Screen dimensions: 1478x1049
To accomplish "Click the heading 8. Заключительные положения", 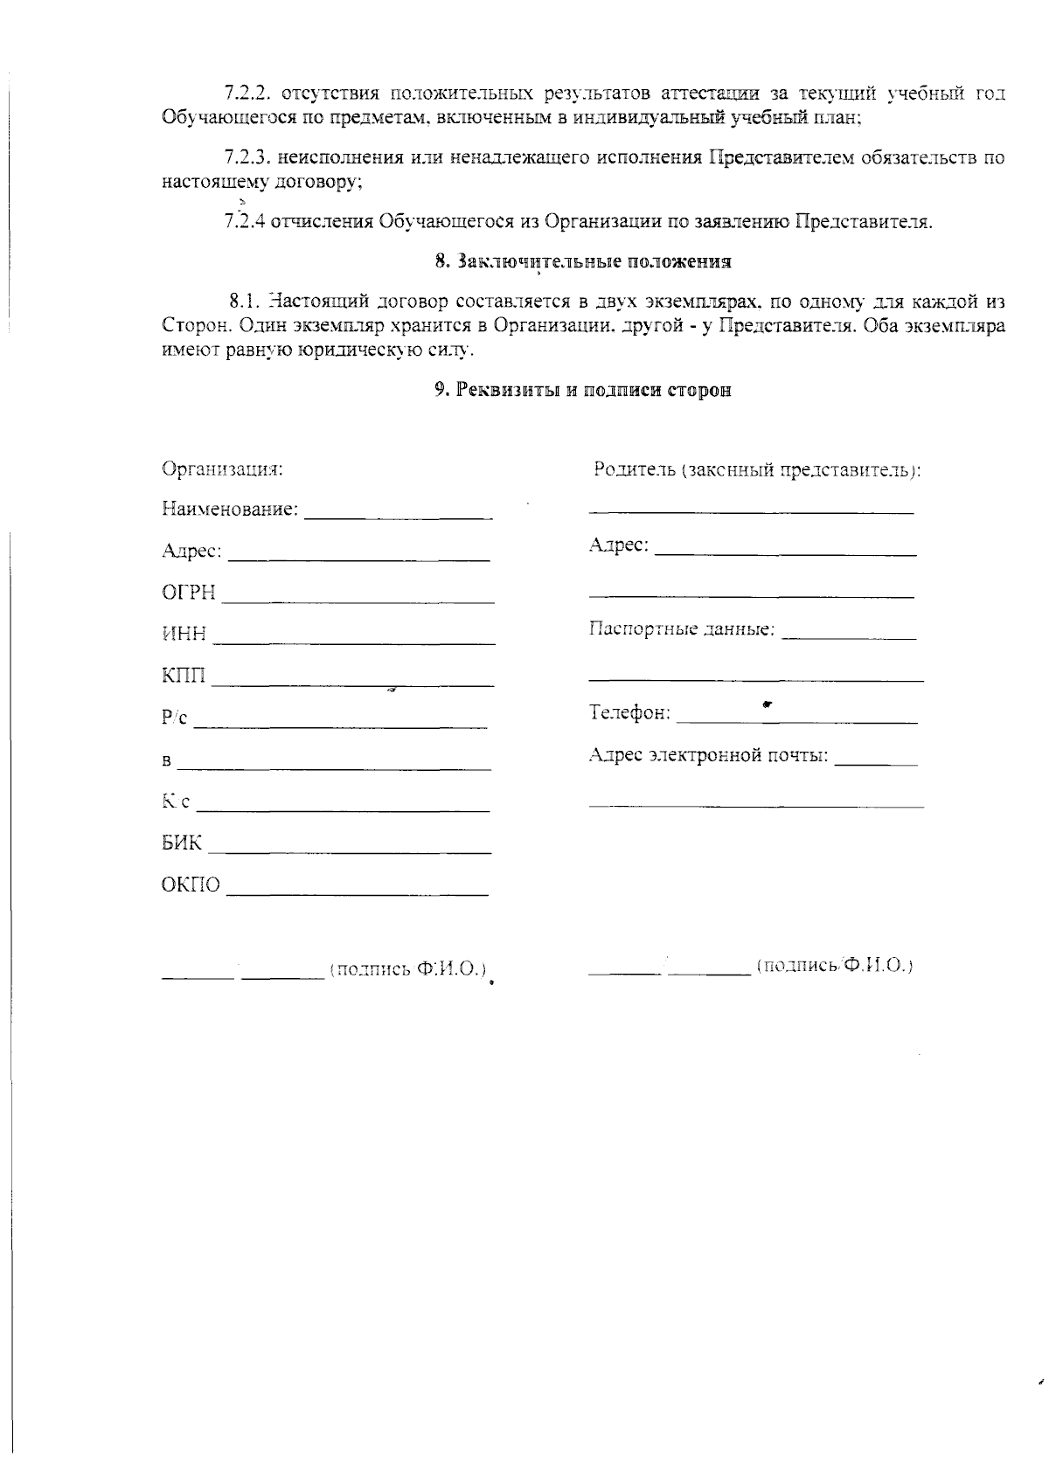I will [583, 261].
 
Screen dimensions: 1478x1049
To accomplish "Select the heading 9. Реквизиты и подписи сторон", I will [583, 390].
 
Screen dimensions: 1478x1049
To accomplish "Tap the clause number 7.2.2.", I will [248, 93].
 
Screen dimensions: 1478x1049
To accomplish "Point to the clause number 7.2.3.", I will [248, 158].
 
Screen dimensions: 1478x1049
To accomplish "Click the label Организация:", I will [222, 468].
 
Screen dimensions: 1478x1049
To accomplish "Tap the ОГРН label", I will [188, 593].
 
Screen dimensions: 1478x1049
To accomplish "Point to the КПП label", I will [184, 676].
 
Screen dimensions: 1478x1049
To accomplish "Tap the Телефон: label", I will [630, 713].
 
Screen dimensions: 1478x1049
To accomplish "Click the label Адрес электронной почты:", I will [708, 754].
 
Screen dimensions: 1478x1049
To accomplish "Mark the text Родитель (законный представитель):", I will [757, 469].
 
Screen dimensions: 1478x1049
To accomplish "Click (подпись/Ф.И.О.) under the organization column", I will [407, 969].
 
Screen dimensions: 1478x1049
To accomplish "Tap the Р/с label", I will [175, 718].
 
